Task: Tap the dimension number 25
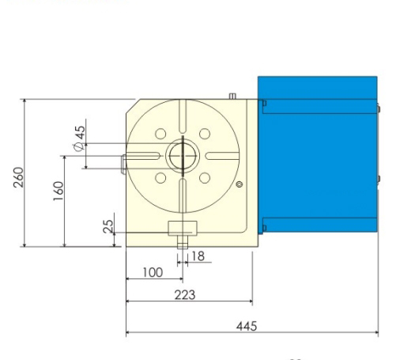[x=110, y=225]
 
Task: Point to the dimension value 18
[x=198, y=256]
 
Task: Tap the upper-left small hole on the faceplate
[x=160, y=133]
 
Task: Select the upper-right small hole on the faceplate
[x=204, y=133]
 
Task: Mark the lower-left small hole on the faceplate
[x=160, y=176]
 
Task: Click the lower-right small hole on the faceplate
[x=204, y=176]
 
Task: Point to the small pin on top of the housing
[x=232, y=97]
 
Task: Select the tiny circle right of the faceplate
[x=240, y=184]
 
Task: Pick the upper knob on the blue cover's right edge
[x=379, y=108]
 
